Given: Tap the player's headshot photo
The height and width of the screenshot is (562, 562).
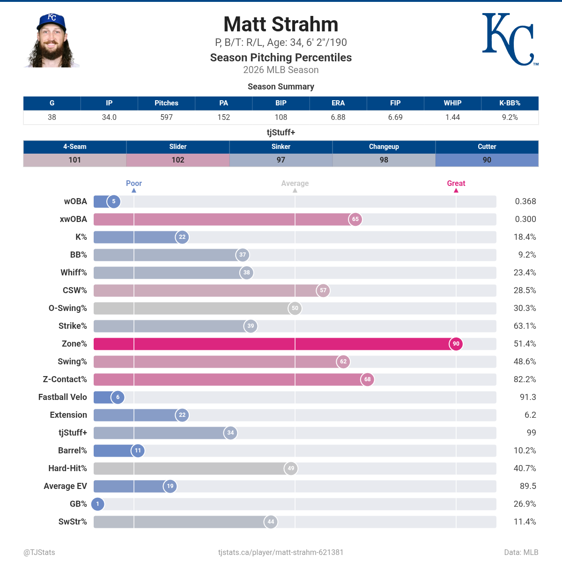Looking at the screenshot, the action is (52, 40).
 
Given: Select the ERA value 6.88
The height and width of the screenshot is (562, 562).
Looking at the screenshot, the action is (338, 117).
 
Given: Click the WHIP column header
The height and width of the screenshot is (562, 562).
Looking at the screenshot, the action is (452, 103).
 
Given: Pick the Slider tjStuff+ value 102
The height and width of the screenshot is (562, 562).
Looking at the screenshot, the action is (178, 160).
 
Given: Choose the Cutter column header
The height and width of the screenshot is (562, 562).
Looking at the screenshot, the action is (487, 147).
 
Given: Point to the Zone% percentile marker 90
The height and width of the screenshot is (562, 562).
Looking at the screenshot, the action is (456, 344).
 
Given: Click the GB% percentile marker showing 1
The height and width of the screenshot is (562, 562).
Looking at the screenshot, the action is (98, 503).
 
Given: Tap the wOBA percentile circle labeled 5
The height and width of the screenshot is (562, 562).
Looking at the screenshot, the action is (114, 201).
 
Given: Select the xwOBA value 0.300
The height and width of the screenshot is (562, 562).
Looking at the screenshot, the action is (525, 219).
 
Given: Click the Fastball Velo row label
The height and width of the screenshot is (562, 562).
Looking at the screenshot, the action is (62, 397).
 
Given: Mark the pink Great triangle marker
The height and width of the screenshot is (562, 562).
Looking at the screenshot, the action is (456, 191).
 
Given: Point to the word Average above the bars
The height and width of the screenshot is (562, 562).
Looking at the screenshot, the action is (295, 183).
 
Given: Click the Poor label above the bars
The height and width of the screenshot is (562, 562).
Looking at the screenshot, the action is (134, 183).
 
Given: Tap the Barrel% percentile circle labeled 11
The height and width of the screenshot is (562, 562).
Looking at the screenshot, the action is (138, 450).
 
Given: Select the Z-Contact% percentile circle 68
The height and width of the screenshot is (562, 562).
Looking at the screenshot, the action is (368, 379).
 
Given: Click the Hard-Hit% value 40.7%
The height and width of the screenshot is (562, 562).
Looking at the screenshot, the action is (525, 468).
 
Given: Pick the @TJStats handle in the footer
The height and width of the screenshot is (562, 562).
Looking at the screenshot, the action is (39, 552).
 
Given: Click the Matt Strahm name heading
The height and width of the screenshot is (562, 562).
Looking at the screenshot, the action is (281, 24).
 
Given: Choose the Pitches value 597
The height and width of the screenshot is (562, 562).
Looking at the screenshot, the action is (167, 117).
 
